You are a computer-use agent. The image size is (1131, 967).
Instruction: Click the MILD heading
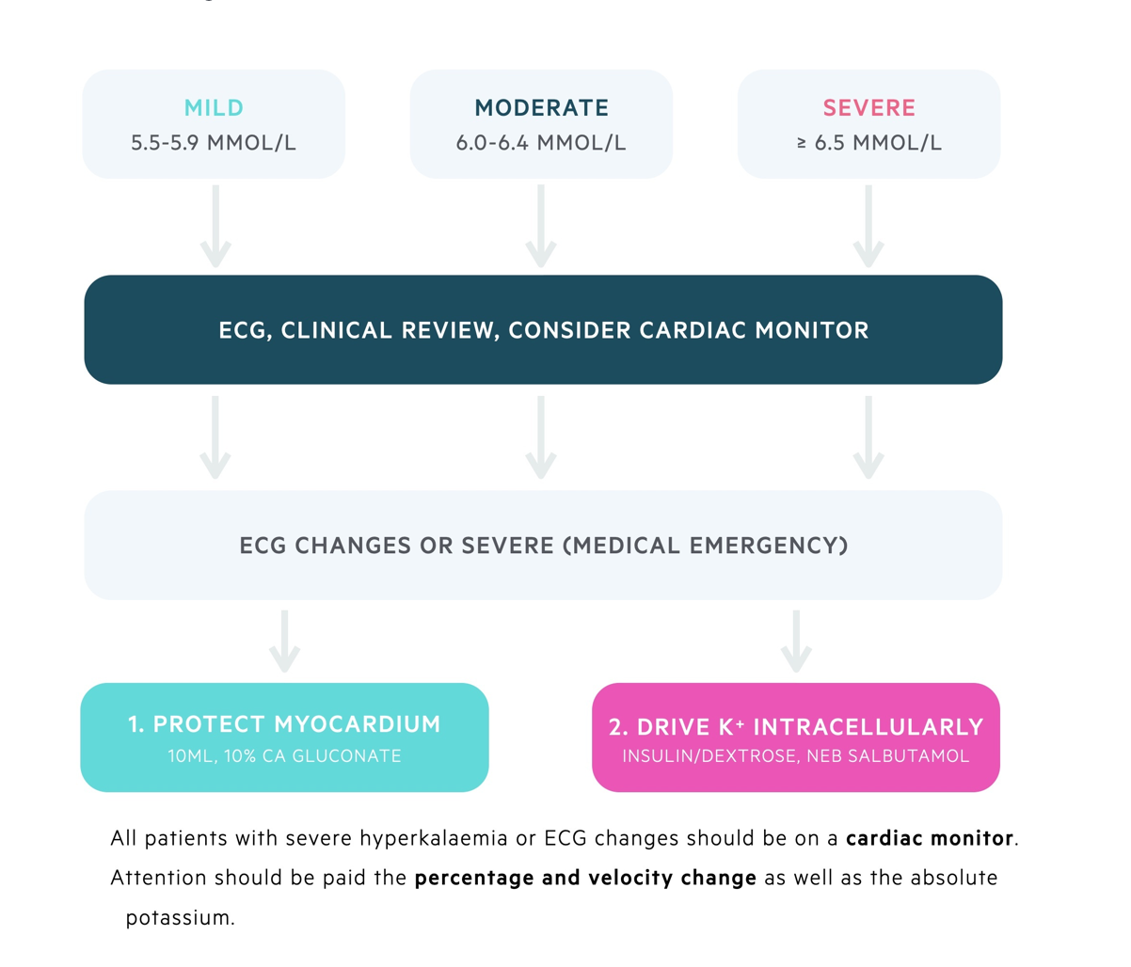(214, 107)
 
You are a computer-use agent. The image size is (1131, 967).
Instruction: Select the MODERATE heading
(541, 107)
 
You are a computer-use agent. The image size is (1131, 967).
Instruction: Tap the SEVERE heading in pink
(868, 107)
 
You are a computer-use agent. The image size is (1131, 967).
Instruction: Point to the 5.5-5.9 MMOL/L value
(214, 143)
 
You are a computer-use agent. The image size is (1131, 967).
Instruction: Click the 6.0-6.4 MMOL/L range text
(541, 143)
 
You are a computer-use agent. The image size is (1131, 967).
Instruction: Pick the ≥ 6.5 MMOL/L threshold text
(868, 143)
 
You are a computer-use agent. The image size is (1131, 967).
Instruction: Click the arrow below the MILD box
(215, 227)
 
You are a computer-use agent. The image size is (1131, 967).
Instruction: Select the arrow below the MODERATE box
(540, 227)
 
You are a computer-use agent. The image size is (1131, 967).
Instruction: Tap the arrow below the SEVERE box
(868, 227)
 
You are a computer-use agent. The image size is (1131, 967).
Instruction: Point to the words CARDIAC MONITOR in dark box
(754, 330)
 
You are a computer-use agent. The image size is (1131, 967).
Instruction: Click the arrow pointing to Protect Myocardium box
(284, 642)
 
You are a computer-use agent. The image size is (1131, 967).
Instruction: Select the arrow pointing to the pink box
(796, 642)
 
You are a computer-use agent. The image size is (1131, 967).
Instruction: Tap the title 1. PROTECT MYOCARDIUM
(284, 724)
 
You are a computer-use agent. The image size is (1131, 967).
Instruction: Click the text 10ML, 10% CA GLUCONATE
(284, 755)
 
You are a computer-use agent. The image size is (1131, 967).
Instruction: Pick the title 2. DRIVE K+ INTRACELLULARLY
(796, 727)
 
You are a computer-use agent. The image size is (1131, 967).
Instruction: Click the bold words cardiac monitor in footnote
(930, 838)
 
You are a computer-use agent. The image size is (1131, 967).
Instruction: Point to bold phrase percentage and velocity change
(585, 878)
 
